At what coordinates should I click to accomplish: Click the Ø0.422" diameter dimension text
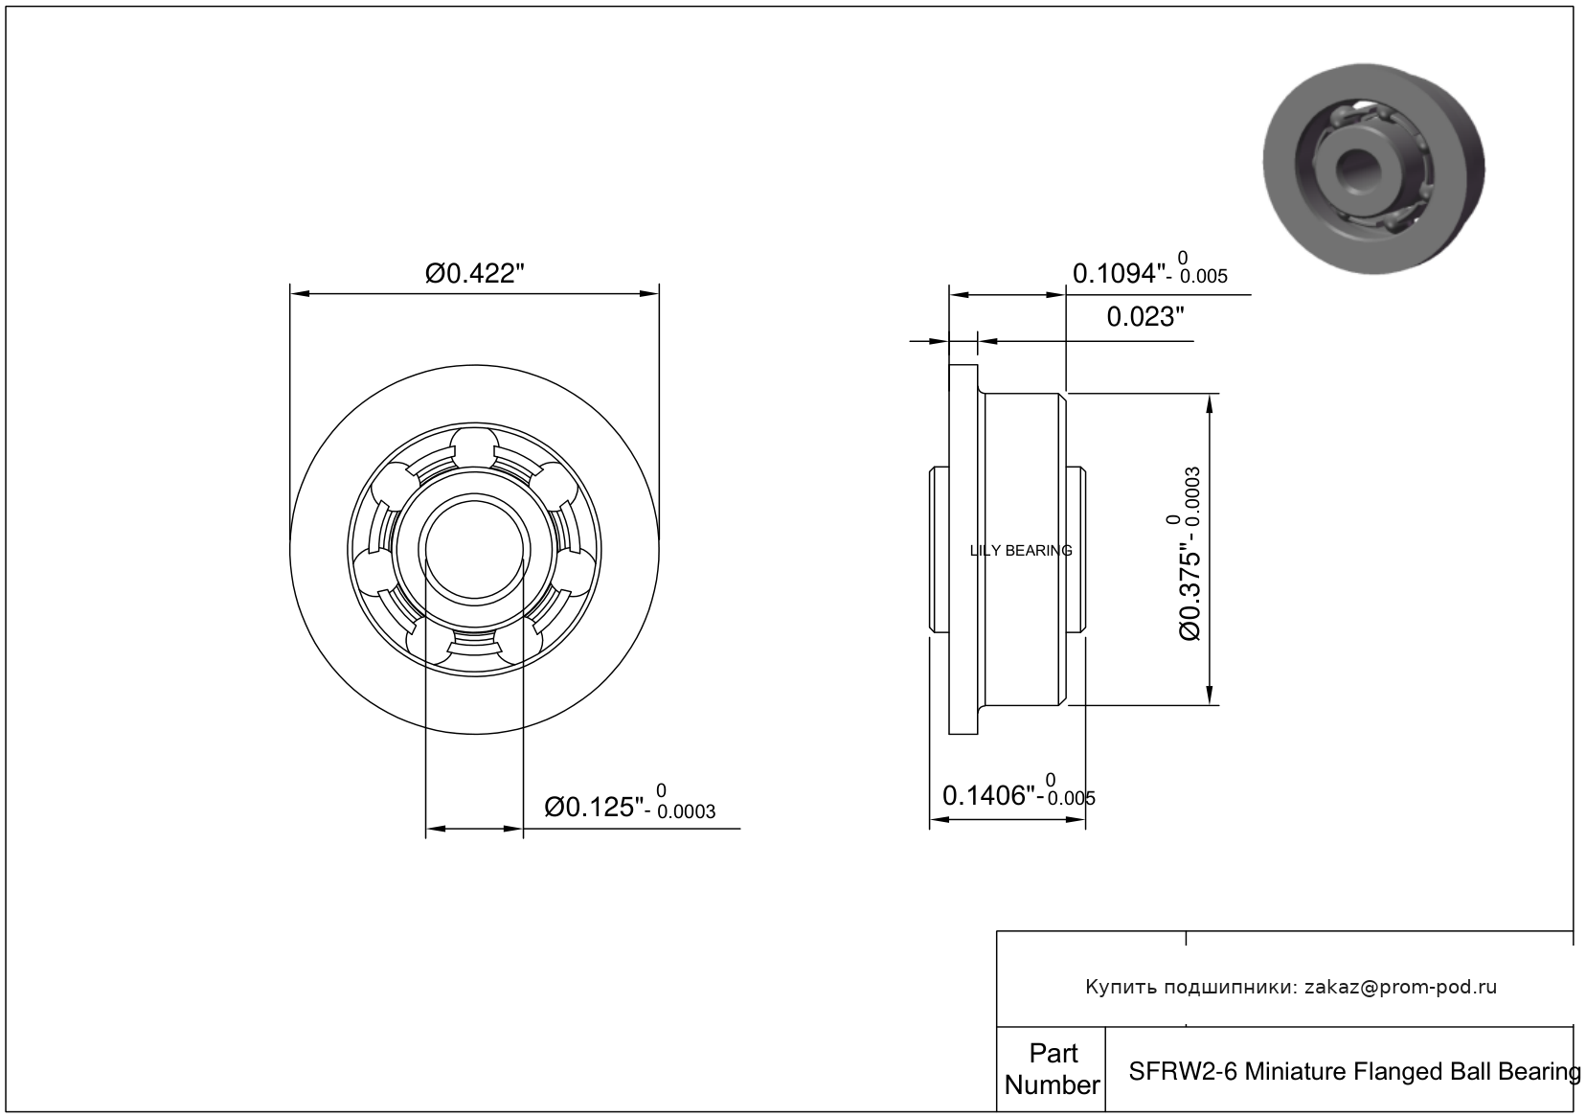(474, 273)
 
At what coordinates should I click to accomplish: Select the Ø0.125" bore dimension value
(594, 807)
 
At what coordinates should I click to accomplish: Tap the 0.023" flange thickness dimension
(1145, 316)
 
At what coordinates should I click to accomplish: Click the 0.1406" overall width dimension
(989, 796)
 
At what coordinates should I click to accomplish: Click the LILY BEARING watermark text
(1021, 550)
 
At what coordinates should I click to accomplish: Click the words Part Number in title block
(1053, 1069)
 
